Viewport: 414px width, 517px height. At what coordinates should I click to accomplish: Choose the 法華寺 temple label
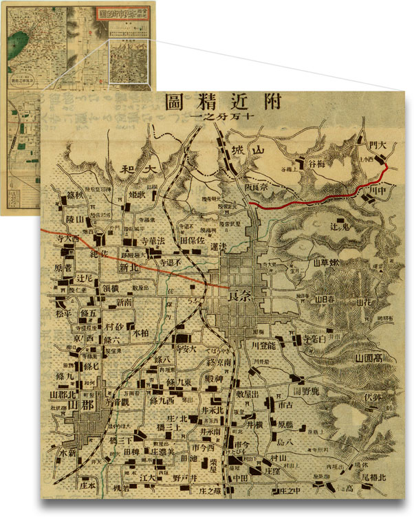pos(144,242)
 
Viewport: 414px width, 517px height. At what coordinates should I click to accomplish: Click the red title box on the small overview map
pos(119,14)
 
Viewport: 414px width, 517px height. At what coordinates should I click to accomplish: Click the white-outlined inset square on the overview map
pos(129,62)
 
